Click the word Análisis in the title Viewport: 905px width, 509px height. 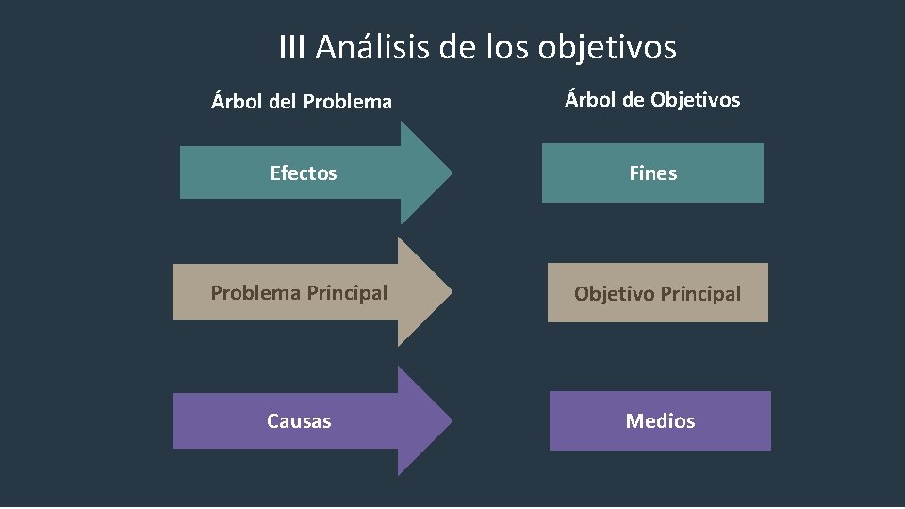coord(373,46)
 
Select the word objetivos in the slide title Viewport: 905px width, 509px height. coord(607,47)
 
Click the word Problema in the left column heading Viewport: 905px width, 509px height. coord(348,102)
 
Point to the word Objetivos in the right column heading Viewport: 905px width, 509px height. coord(695,99)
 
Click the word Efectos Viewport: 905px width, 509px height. coord(303,173)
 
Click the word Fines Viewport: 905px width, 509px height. coord(652,173)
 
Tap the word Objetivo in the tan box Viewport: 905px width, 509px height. coord(614,294)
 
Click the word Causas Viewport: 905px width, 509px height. coord(299,421)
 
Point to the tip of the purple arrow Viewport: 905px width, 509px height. coord(450,420)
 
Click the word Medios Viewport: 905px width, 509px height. coord(660,421)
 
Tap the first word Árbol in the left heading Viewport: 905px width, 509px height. coord(237,101)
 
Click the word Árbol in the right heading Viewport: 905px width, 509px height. coord(590,99)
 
